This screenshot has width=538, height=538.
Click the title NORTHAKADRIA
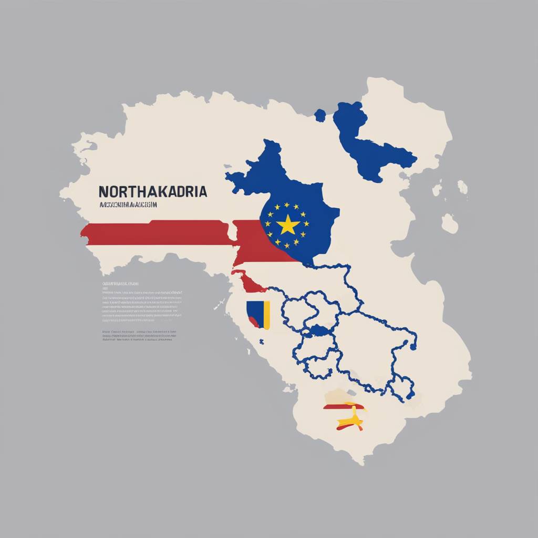pyautogui.click(x=152, y=191)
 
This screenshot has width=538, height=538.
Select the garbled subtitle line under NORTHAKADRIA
pyautogui.click(x=128, y=205)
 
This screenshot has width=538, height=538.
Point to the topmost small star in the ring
pyautogui.click(x=287, y=205)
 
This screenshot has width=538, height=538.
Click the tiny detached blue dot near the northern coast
pyautogui.click(x=319, y=115)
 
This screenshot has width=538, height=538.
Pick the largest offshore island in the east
pyautogui.click(x=449, y=223)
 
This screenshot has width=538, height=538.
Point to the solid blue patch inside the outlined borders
pyautogui.click(x=320, y=330)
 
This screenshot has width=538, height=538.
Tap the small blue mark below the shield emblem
pyautogui.click(x=261, y=342)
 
